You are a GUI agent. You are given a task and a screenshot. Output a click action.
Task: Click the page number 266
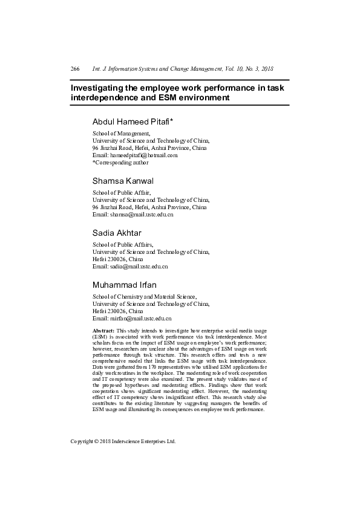[75, 70]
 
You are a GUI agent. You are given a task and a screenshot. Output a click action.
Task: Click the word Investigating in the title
[99, 88]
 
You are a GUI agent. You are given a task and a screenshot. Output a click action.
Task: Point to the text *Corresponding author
[120, 163]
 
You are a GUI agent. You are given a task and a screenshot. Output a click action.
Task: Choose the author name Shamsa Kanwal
[123, 181]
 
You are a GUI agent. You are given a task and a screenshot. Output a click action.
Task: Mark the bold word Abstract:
[103, 331]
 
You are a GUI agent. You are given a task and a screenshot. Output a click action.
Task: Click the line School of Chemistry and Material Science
[144, 297]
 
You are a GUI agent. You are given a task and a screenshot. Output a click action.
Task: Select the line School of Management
[121, 133]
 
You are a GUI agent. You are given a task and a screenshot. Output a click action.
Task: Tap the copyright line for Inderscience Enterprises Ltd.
[123, 441]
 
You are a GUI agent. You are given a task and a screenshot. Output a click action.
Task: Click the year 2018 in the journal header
[266, 70]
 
